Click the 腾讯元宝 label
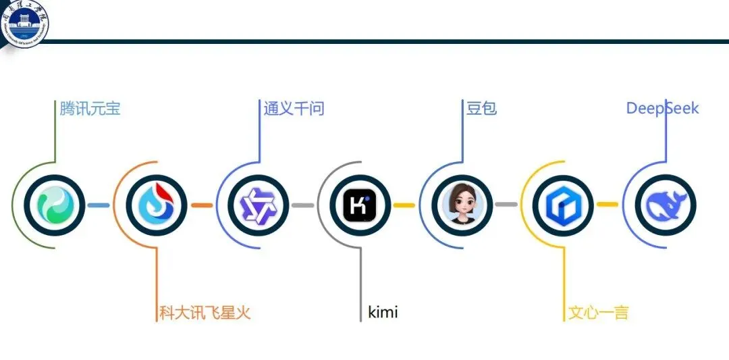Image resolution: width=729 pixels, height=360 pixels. tap(90, 108)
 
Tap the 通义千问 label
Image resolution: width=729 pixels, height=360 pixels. tap(294, 108)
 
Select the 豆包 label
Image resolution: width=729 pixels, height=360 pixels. tap(481, 108)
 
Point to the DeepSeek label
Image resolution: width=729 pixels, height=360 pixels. tap(662, 108)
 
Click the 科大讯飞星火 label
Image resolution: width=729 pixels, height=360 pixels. tap(205, 313)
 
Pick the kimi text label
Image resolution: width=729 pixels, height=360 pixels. tap(383, 313)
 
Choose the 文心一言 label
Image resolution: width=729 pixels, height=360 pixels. tap(598, 313)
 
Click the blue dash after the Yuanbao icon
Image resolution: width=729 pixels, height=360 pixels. tap(99, 205)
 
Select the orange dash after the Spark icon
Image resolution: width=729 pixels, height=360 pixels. tap(201, 205)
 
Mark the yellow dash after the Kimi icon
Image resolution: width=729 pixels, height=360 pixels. tap(404, 205)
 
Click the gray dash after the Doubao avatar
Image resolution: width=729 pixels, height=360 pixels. tap(506, 205)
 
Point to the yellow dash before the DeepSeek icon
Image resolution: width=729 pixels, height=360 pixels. tap(607, 205)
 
